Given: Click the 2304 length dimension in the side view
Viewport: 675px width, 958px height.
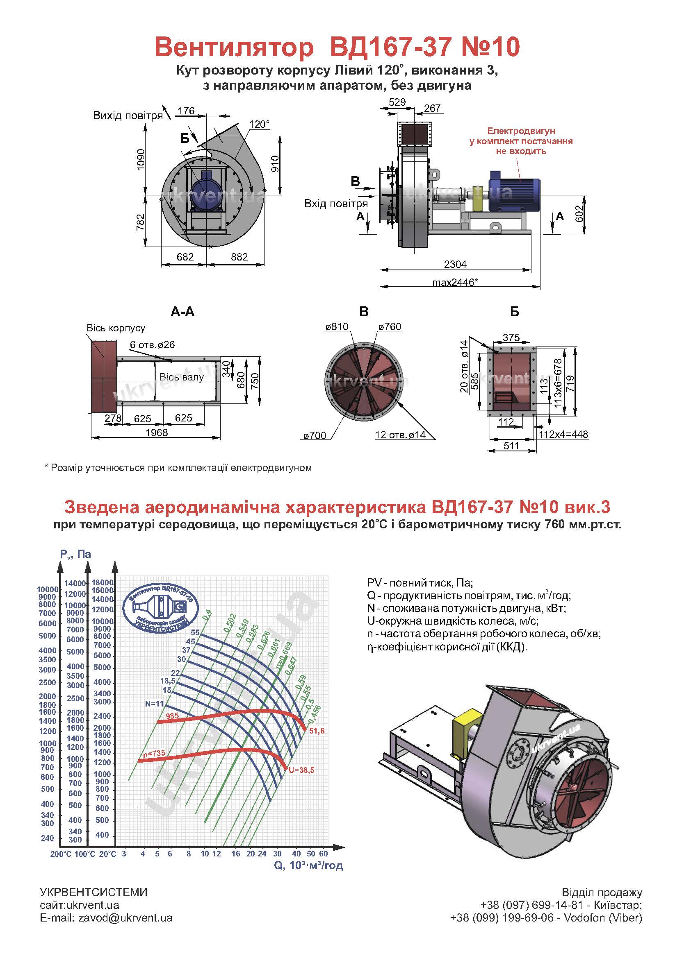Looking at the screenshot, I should point(455,264).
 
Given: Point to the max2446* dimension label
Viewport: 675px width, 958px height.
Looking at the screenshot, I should point(455,283).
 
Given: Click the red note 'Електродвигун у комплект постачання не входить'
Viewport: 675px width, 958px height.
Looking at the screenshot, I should point(521,141).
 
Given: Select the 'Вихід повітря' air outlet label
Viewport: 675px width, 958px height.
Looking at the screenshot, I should point(128,116).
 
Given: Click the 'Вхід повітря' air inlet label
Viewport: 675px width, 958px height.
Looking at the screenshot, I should point(336,204).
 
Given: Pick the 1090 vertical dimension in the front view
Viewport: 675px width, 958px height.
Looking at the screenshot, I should point(141,159).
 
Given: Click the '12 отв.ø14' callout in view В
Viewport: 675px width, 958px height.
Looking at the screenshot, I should point(400,435).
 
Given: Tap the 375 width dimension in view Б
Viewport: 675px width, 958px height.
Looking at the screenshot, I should point(511,337).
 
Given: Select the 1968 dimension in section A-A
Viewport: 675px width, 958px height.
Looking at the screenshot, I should point(156,433).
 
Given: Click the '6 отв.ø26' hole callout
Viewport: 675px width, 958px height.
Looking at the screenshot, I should point(152,344).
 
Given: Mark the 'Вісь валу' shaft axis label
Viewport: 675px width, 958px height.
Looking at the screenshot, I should point(182,377).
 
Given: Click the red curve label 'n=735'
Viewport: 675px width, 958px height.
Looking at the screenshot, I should point(154,754).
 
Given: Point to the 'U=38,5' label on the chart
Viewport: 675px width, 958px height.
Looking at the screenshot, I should point(301,770).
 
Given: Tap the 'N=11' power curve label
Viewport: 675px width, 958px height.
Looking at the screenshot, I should point(154,704).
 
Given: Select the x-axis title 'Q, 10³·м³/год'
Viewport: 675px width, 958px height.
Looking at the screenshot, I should point(308,865).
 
